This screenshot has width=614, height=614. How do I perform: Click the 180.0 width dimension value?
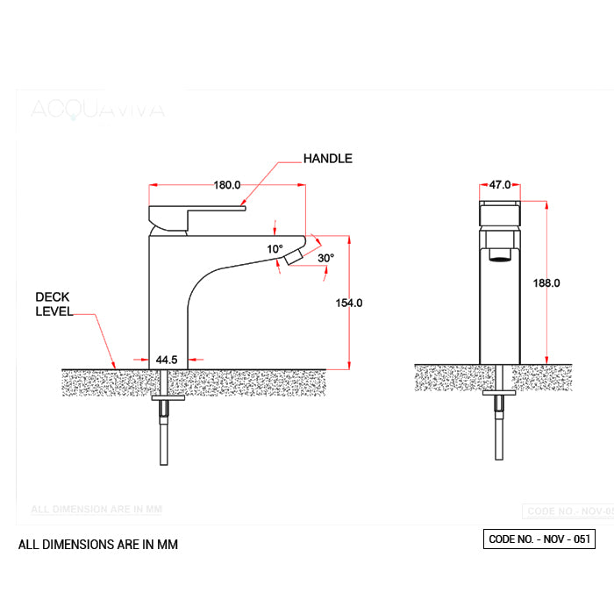(x=227, y=185)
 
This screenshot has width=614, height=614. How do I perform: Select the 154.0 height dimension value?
(x=349, y=303)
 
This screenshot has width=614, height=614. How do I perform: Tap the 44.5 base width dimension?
(x=167, y=360)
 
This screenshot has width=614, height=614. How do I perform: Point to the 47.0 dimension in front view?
(x=500, y=185)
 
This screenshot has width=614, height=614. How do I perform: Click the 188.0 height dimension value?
(x=546, y=283)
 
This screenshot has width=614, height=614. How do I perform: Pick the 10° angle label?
(x=275, y=249)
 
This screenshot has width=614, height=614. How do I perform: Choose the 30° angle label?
(x=325, y=258)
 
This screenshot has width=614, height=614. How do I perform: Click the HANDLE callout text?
(x=327, y=159)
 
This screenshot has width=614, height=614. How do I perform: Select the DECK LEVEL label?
(x=54, y=303)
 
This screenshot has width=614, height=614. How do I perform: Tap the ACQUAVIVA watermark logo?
(x=96, y=109)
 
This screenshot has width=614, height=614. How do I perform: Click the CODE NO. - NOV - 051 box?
(x=539, y=539)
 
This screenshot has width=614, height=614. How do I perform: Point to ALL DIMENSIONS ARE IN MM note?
(x=98, y=545)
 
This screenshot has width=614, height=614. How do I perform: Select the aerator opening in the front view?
(x=500, y=257)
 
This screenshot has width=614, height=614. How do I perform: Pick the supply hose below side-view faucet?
(x=164, y=439)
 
